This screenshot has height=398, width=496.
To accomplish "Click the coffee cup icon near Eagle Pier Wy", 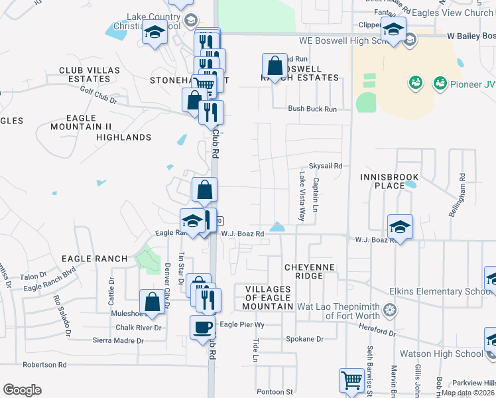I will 202,326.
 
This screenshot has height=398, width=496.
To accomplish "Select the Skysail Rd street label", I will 325,166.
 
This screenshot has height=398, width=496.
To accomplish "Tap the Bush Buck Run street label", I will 312,109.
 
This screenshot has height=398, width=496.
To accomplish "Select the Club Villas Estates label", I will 90,74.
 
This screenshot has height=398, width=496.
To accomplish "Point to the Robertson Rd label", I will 44,365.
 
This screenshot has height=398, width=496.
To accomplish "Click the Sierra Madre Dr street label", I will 120,341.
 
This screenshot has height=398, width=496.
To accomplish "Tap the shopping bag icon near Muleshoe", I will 152,301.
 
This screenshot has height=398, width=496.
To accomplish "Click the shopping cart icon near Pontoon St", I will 351,381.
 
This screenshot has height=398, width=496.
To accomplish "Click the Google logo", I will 22,390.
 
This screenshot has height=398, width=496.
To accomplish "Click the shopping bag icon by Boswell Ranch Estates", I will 275,66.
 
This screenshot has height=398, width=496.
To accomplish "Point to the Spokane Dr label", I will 304,339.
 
